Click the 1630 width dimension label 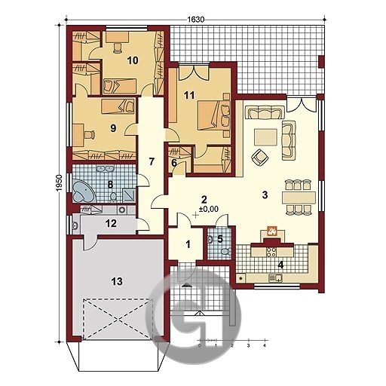(x=196, y=20)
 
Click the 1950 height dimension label (x=59, y=183)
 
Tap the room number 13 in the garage (x=117, y=282)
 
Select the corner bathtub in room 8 (x=84, y=191)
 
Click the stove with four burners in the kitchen (x=271, y=252)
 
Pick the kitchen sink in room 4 (x=275, y=277)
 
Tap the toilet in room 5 (x=226, y=252)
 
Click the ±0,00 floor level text (x=209, y=209)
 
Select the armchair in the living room (x=260, y=157)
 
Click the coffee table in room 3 (x=265, y=137)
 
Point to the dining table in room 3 (x=299, y=198)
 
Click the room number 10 (x=133, y=60)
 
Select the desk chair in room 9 (x=90, y=134)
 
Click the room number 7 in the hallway (x=151, y=162)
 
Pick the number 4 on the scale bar (x=264, y=345)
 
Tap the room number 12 (x=112, y=223)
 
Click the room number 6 (x=174, y=163)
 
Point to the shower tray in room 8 (x=129, y=195)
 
